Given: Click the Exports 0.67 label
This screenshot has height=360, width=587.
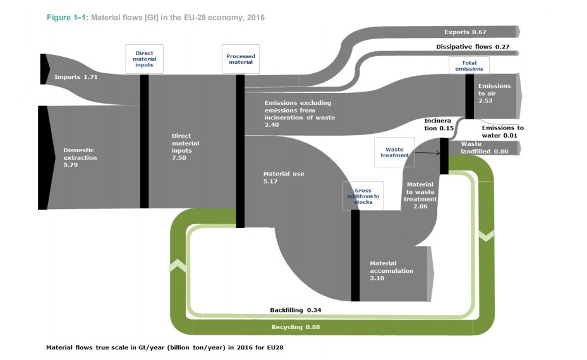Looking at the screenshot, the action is (465, 32).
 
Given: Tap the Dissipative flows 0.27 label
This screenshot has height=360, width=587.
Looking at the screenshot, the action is (473, 47).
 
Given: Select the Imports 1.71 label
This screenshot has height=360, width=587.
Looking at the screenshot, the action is (76, 77).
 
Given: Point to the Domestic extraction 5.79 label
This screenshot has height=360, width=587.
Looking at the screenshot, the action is (80, 157).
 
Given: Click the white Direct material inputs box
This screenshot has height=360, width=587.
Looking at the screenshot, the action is (144, 59).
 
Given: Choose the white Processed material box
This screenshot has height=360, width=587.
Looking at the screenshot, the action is (241, 59).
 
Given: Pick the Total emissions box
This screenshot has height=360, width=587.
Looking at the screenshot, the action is (469, 66).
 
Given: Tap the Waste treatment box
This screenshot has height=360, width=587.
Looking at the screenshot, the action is (394, 152).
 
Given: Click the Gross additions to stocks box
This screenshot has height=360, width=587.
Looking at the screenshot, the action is (363, 196).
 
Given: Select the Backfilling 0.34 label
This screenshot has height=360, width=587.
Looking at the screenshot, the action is (295, 310).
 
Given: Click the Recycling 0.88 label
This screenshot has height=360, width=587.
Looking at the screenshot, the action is (296, 327).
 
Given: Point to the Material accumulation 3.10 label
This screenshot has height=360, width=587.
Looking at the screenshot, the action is (392, 270).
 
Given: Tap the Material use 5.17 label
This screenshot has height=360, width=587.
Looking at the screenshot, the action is (284, 177).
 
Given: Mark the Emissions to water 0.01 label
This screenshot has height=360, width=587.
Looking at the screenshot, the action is (502, 132).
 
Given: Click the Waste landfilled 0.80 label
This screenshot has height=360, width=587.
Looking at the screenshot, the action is (485, 147).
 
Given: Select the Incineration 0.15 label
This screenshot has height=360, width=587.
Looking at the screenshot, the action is (439, 124).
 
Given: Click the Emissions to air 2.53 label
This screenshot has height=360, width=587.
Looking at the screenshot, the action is (494, 93).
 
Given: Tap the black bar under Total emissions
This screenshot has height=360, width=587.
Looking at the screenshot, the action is (469, 97).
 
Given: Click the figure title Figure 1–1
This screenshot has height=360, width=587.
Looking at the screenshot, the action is (68, 18).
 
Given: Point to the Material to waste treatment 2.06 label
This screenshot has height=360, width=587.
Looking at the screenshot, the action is (420, 195).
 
